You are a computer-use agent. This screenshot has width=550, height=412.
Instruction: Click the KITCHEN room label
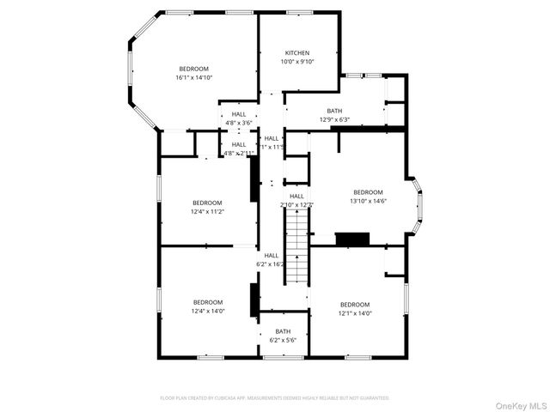[297, 53]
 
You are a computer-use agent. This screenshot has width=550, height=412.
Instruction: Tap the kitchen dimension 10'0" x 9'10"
[297, 61]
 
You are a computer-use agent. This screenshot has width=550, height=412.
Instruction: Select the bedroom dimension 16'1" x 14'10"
[193, 77]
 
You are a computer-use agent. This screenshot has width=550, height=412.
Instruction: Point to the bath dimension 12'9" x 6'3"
[334, 119]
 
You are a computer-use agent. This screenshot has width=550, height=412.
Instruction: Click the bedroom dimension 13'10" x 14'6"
[368, 201]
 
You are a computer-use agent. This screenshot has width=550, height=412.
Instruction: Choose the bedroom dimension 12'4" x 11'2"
[207, 211]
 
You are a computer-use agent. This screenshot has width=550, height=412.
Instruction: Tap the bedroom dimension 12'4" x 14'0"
[207, 311]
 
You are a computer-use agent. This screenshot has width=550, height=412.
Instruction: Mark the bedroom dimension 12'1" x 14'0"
[354, 313]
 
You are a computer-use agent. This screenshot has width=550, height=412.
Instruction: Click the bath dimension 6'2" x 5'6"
[283, 340]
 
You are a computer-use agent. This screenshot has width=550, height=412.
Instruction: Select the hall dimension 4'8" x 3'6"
[238, 123]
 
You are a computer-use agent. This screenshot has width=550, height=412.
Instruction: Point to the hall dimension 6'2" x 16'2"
[272, 264]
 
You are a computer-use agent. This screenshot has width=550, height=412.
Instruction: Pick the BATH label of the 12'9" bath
[334, 111]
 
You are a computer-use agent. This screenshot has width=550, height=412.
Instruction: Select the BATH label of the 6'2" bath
[283, 331]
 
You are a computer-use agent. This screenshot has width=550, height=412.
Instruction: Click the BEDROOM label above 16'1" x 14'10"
[193, 69]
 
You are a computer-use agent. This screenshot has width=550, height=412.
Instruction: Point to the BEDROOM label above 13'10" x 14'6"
[368, 192]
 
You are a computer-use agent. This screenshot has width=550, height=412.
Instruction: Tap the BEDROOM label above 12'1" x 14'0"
[354, 305]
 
